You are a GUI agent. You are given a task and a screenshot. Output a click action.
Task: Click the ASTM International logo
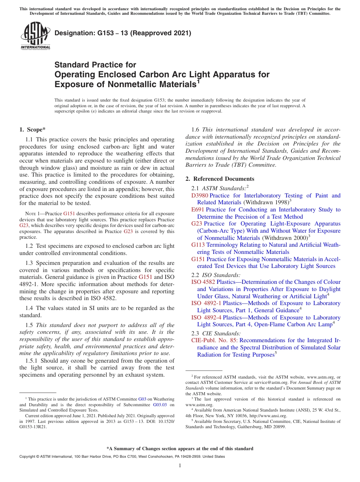(35, 36)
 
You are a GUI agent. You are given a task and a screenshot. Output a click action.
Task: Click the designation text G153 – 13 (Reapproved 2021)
(123, 33)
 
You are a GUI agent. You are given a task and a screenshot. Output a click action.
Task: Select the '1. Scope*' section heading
(33, 130)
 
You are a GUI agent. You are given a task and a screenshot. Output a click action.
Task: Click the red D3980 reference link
(200, 196)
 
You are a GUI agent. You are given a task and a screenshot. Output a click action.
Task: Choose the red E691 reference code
(198, 210)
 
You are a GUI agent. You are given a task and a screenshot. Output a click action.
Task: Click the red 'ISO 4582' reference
(203, 282)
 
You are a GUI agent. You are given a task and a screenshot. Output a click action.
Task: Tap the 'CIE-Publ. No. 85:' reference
(214, 340)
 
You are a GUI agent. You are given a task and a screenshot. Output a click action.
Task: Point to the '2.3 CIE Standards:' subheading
(216, 333)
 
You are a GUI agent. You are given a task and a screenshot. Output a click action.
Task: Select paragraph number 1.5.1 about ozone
(31, 361)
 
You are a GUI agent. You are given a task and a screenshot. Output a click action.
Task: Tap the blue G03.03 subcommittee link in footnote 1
(160, 405)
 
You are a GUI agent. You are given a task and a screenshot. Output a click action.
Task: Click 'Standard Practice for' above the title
(95, 65)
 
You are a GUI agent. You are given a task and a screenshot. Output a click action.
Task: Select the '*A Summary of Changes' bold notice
(180, 449)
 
